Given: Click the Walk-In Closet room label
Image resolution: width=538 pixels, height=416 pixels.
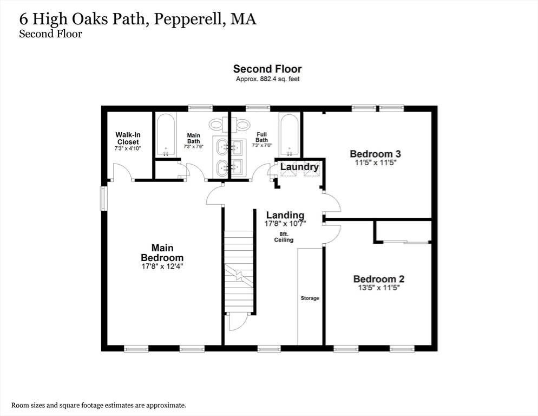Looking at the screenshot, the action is (128, 139).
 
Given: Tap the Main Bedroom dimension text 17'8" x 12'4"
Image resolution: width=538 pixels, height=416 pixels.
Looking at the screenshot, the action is (162, 266).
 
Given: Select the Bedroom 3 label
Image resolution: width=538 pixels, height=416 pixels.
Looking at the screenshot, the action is (376, 154).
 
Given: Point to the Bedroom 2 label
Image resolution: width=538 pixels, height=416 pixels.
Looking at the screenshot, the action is (379, 279).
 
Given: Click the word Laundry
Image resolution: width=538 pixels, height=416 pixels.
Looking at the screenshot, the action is (299, 167).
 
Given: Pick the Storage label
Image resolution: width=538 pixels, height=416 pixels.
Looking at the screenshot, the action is (310, 298).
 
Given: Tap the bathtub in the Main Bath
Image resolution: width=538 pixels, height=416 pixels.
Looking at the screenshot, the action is (166, 135).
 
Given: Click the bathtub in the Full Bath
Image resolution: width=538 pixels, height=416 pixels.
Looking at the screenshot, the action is (288, 135).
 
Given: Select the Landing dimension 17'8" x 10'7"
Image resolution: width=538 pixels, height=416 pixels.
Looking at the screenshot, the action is (285, 224).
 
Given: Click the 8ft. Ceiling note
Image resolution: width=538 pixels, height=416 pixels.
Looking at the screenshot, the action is (284, 237).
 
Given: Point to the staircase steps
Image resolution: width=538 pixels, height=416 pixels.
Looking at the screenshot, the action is (239, 271).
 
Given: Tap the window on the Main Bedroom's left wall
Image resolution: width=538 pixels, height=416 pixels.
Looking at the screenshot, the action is (103, 198).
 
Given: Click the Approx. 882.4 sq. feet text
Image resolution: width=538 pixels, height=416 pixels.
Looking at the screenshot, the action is (267, 79).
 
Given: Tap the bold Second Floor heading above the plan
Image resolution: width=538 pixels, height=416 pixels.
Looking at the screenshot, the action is (267, 69).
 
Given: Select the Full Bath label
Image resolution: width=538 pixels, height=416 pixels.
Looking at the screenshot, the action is (261, 137).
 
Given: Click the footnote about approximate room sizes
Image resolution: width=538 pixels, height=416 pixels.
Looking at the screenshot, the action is (99, 405).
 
